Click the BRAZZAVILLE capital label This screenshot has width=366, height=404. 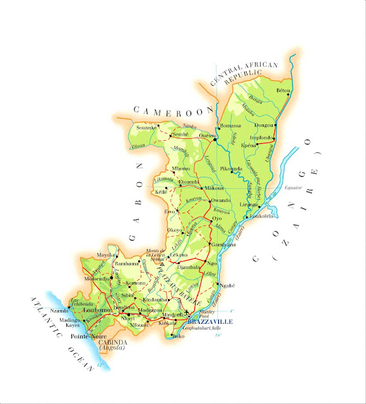click(x=206, y=321)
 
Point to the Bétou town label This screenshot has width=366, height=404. click(x=283, y=91)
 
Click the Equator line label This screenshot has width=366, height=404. click(x=293, y=187)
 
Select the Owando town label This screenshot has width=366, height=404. click(x=220, y=201)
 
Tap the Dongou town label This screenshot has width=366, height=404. click(x=264, y=126)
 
